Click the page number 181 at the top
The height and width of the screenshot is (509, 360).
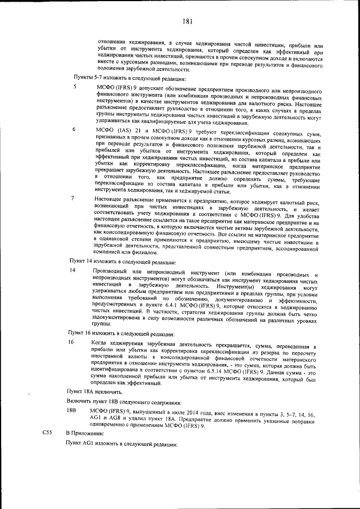coord(187,22)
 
